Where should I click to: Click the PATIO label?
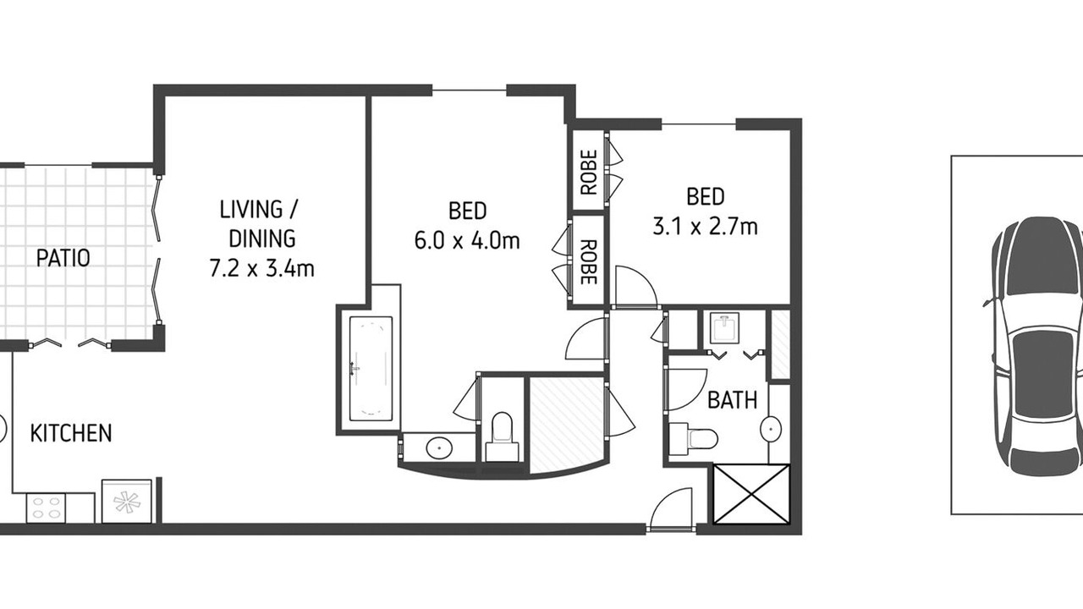(x=63, y=258)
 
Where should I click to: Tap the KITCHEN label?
(x=71, y=433)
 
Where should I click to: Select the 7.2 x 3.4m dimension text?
(x=261, y=268)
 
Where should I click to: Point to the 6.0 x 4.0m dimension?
(x=467, y=240)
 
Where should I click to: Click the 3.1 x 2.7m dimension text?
(x=705, y=226)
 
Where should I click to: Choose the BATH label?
(x=733, y=400)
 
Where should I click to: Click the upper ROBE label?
(x=589, y=172)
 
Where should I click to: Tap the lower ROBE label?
(x=589, y=262)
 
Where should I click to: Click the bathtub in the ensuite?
(x=371, y=368)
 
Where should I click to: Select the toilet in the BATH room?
(x=693, y=438)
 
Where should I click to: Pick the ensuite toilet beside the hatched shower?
(x=502, y=437)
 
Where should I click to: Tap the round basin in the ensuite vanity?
(x=439, y=449)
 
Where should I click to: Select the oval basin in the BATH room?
(x=771, y=428)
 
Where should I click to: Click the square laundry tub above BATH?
(x=725, y=328)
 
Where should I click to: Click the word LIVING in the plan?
(x=251, y=209)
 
